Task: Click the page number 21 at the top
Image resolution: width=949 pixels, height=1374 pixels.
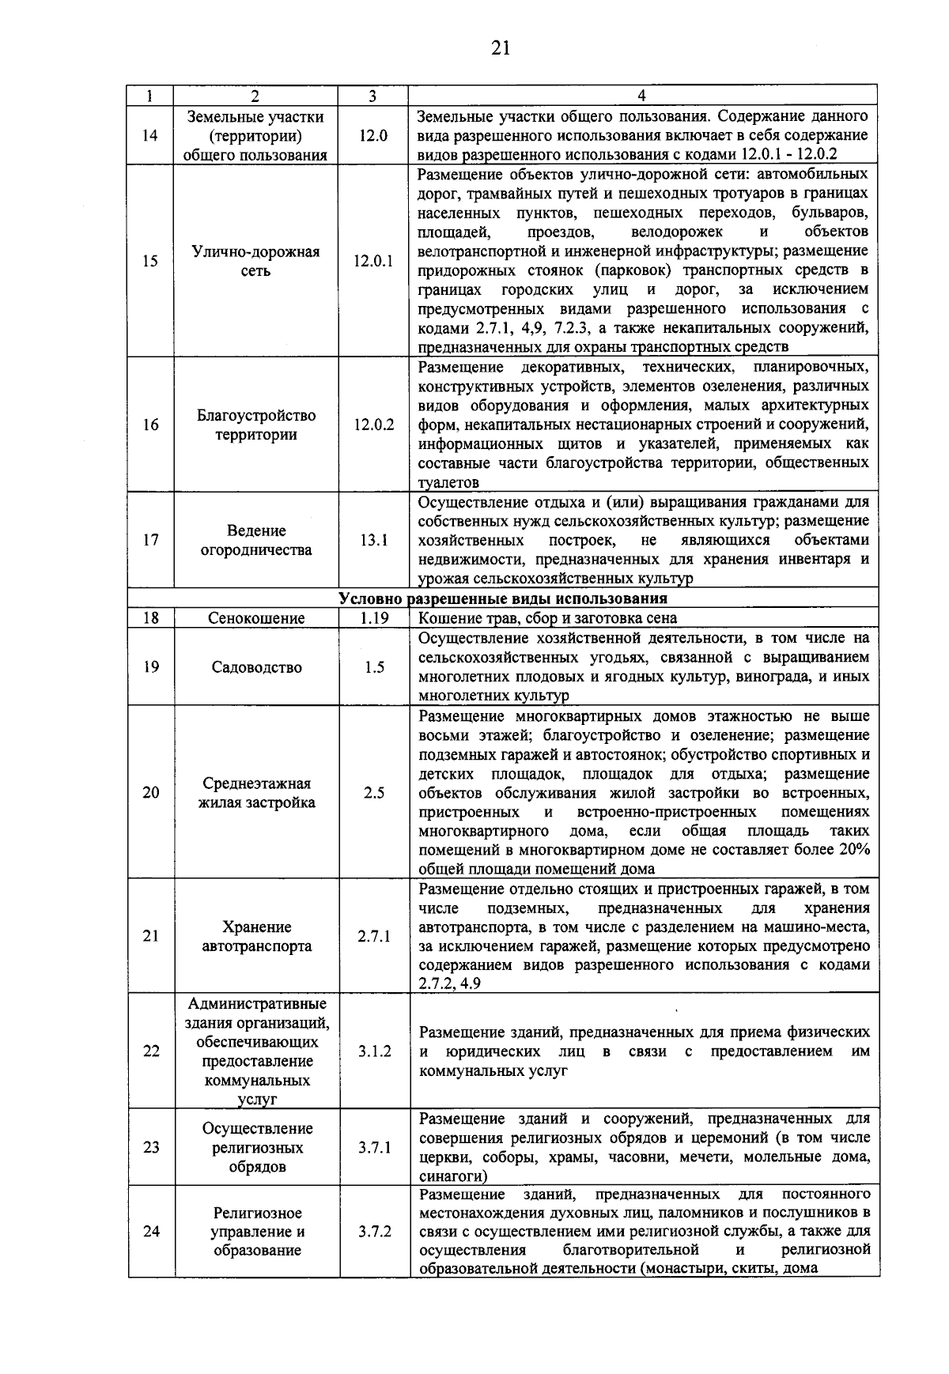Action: coord(500,49)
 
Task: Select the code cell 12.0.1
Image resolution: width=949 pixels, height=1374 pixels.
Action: coord(373,262)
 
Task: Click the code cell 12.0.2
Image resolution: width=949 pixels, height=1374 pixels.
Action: coord(373,425)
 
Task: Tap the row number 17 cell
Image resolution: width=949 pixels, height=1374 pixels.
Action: coord(151,540)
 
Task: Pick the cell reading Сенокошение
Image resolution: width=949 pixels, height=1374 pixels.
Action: coord(256,618)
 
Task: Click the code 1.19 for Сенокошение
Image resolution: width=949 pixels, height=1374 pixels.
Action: coord(373,618)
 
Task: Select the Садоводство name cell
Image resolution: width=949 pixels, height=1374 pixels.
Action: coord(256,667)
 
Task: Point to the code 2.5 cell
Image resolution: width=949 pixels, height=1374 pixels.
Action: coord(373,793)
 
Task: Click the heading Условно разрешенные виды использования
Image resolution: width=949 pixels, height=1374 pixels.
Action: coord(503,598)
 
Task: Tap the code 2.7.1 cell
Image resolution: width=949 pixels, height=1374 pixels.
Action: coord(373,937)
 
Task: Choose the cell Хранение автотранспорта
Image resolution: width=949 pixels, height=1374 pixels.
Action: coord(256,937)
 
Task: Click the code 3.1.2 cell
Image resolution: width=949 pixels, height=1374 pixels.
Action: coord(373,1051)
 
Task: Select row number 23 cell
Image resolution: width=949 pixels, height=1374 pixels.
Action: coord(151,1148)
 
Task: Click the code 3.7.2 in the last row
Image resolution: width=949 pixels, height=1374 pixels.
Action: coord(373,1232)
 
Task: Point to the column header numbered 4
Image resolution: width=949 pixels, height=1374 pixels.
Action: coord(641,96)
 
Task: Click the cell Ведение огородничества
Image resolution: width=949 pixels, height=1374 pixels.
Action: coord(256,540)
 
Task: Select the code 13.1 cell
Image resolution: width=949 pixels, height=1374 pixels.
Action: coord(373,540)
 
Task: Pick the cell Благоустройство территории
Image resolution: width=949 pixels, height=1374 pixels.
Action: coord(256,425)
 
